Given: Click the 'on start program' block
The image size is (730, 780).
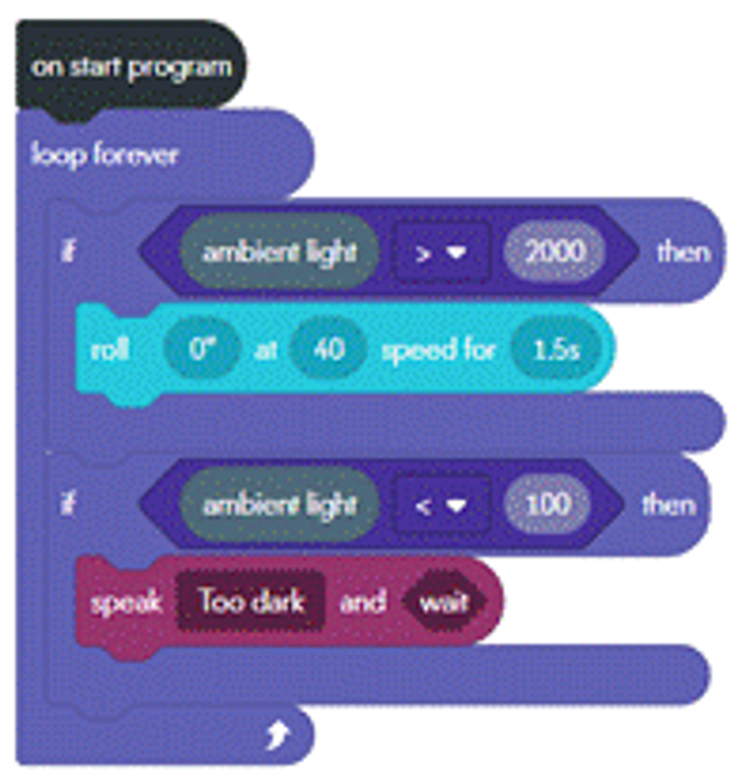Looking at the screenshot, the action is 129,68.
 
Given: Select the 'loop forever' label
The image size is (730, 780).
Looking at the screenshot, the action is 105,155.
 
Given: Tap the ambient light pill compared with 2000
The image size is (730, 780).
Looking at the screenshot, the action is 279,252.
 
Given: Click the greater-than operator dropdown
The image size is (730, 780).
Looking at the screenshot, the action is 442,252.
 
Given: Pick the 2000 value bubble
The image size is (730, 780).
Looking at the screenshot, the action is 555,252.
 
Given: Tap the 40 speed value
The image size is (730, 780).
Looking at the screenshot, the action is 328,349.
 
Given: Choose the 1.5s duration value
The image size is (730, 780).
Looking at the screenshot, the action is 557,349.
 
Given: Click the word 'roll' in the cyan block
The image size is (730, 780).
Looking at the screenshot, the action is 110,349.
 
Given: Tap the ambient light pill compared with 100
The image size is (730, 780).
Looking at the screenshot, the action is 279,504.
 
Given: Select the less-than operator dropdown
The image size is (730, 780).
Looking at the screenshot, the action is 442,504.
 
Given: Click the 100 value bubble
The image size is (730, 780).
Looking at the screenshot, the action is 548,504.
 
